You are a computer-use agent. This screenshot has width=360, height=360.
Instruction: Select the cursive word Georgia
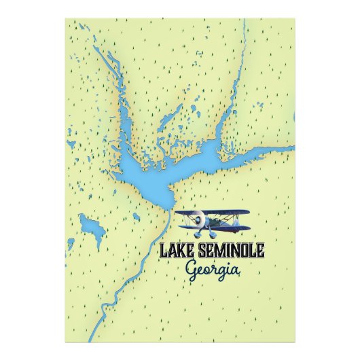212,270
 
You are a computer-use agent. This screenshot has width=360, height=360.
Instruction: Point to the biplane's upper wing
212,213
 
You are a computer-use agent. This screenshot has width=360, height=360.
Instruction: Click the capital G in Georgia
192,269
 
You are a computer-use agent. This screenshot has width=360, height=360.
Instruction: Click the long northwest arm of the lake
112,88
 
